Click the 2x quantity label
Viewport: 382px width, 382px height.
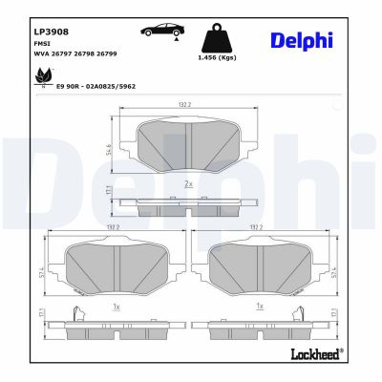coord(189,182)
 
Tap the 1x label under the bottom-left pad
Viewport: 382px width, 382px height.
coord(116,307)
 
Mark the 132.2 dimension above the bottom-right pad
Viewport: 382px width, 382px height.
coord(257,227)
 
